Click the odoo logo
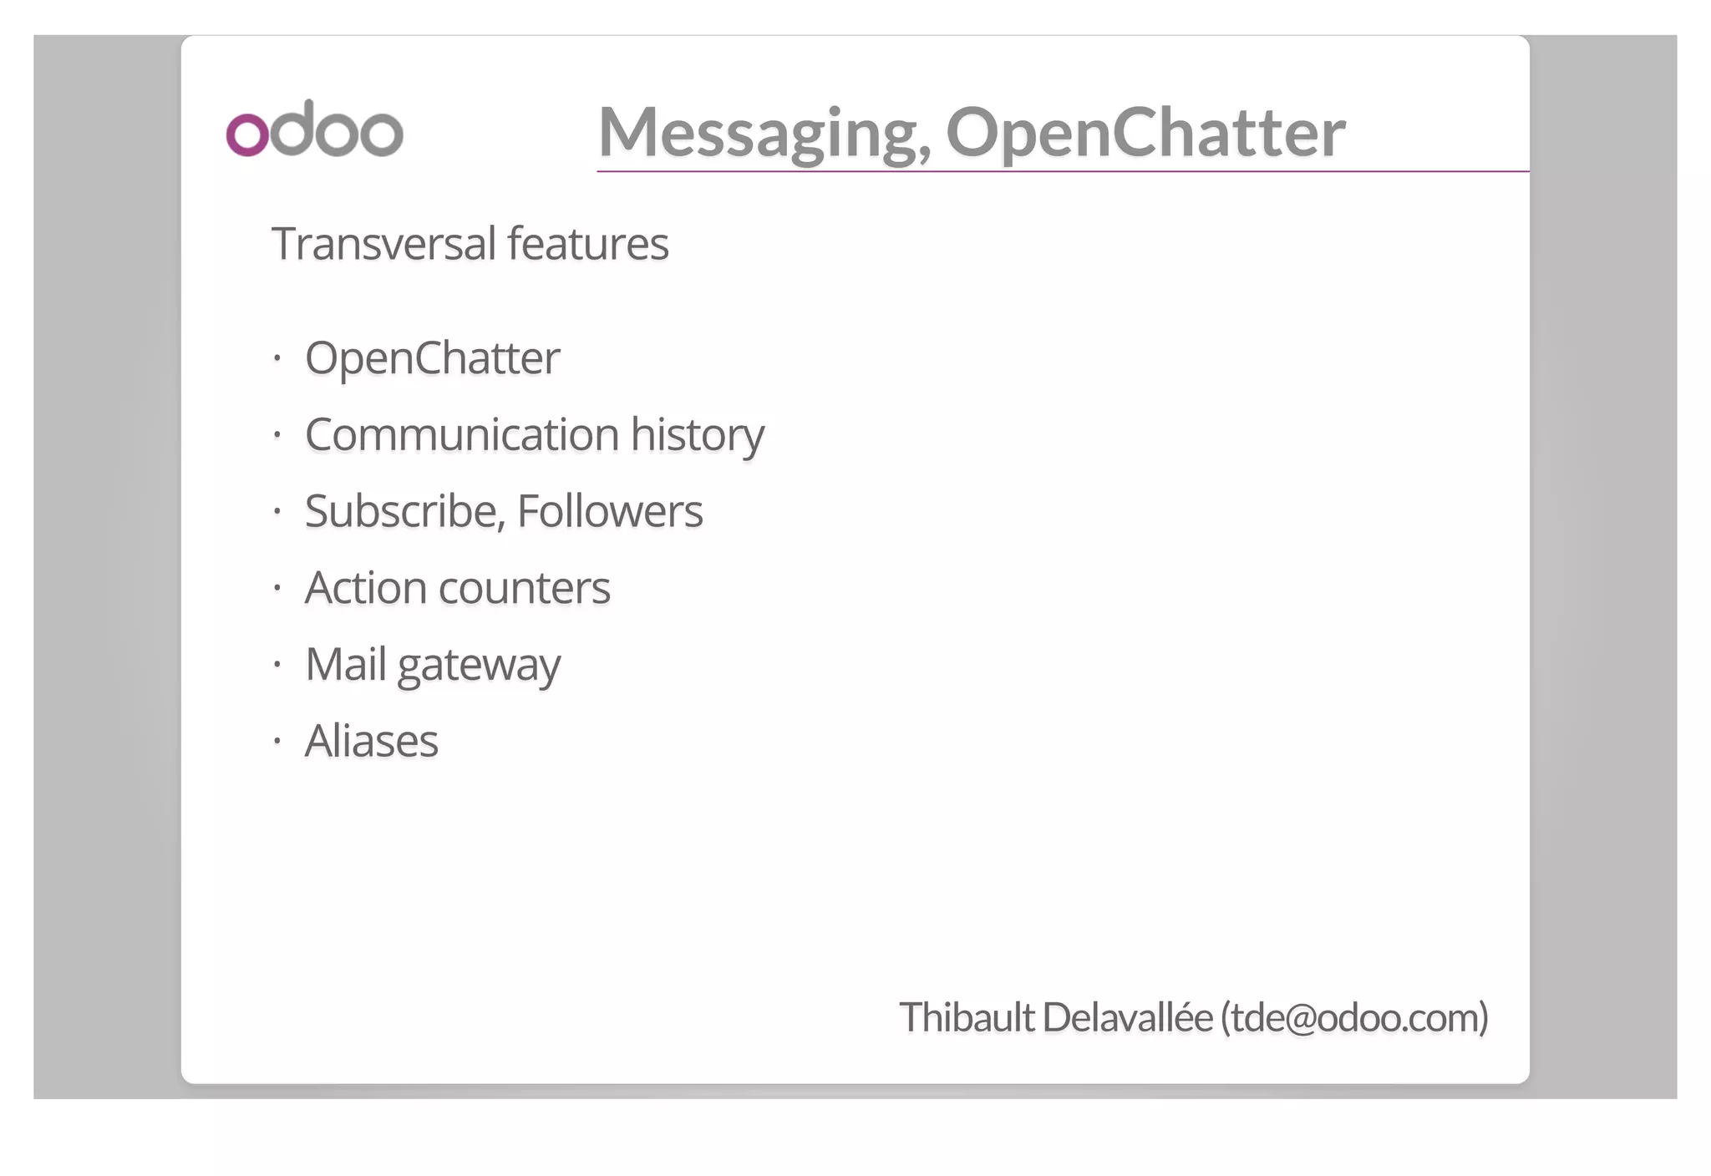(314, 129)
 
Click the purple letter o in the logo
(247, 134)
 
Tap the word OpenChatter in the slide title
(1145, 134)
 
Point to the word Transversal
(384, 244)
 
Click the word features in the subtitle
(588, 244)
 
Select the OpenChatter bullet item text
(432, 359)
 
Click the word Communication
(462, 434)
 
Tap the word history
(698, 436)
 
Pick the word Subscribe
(405, 511)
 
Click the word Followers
(610, 511)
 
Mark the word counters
(525, 589)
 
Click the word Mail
(345, 665)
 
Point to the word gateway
(479, 667)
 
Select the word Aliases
(372, 741)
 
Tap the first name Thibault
(967, 1017)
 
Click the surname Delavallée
(1128, 1017)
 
